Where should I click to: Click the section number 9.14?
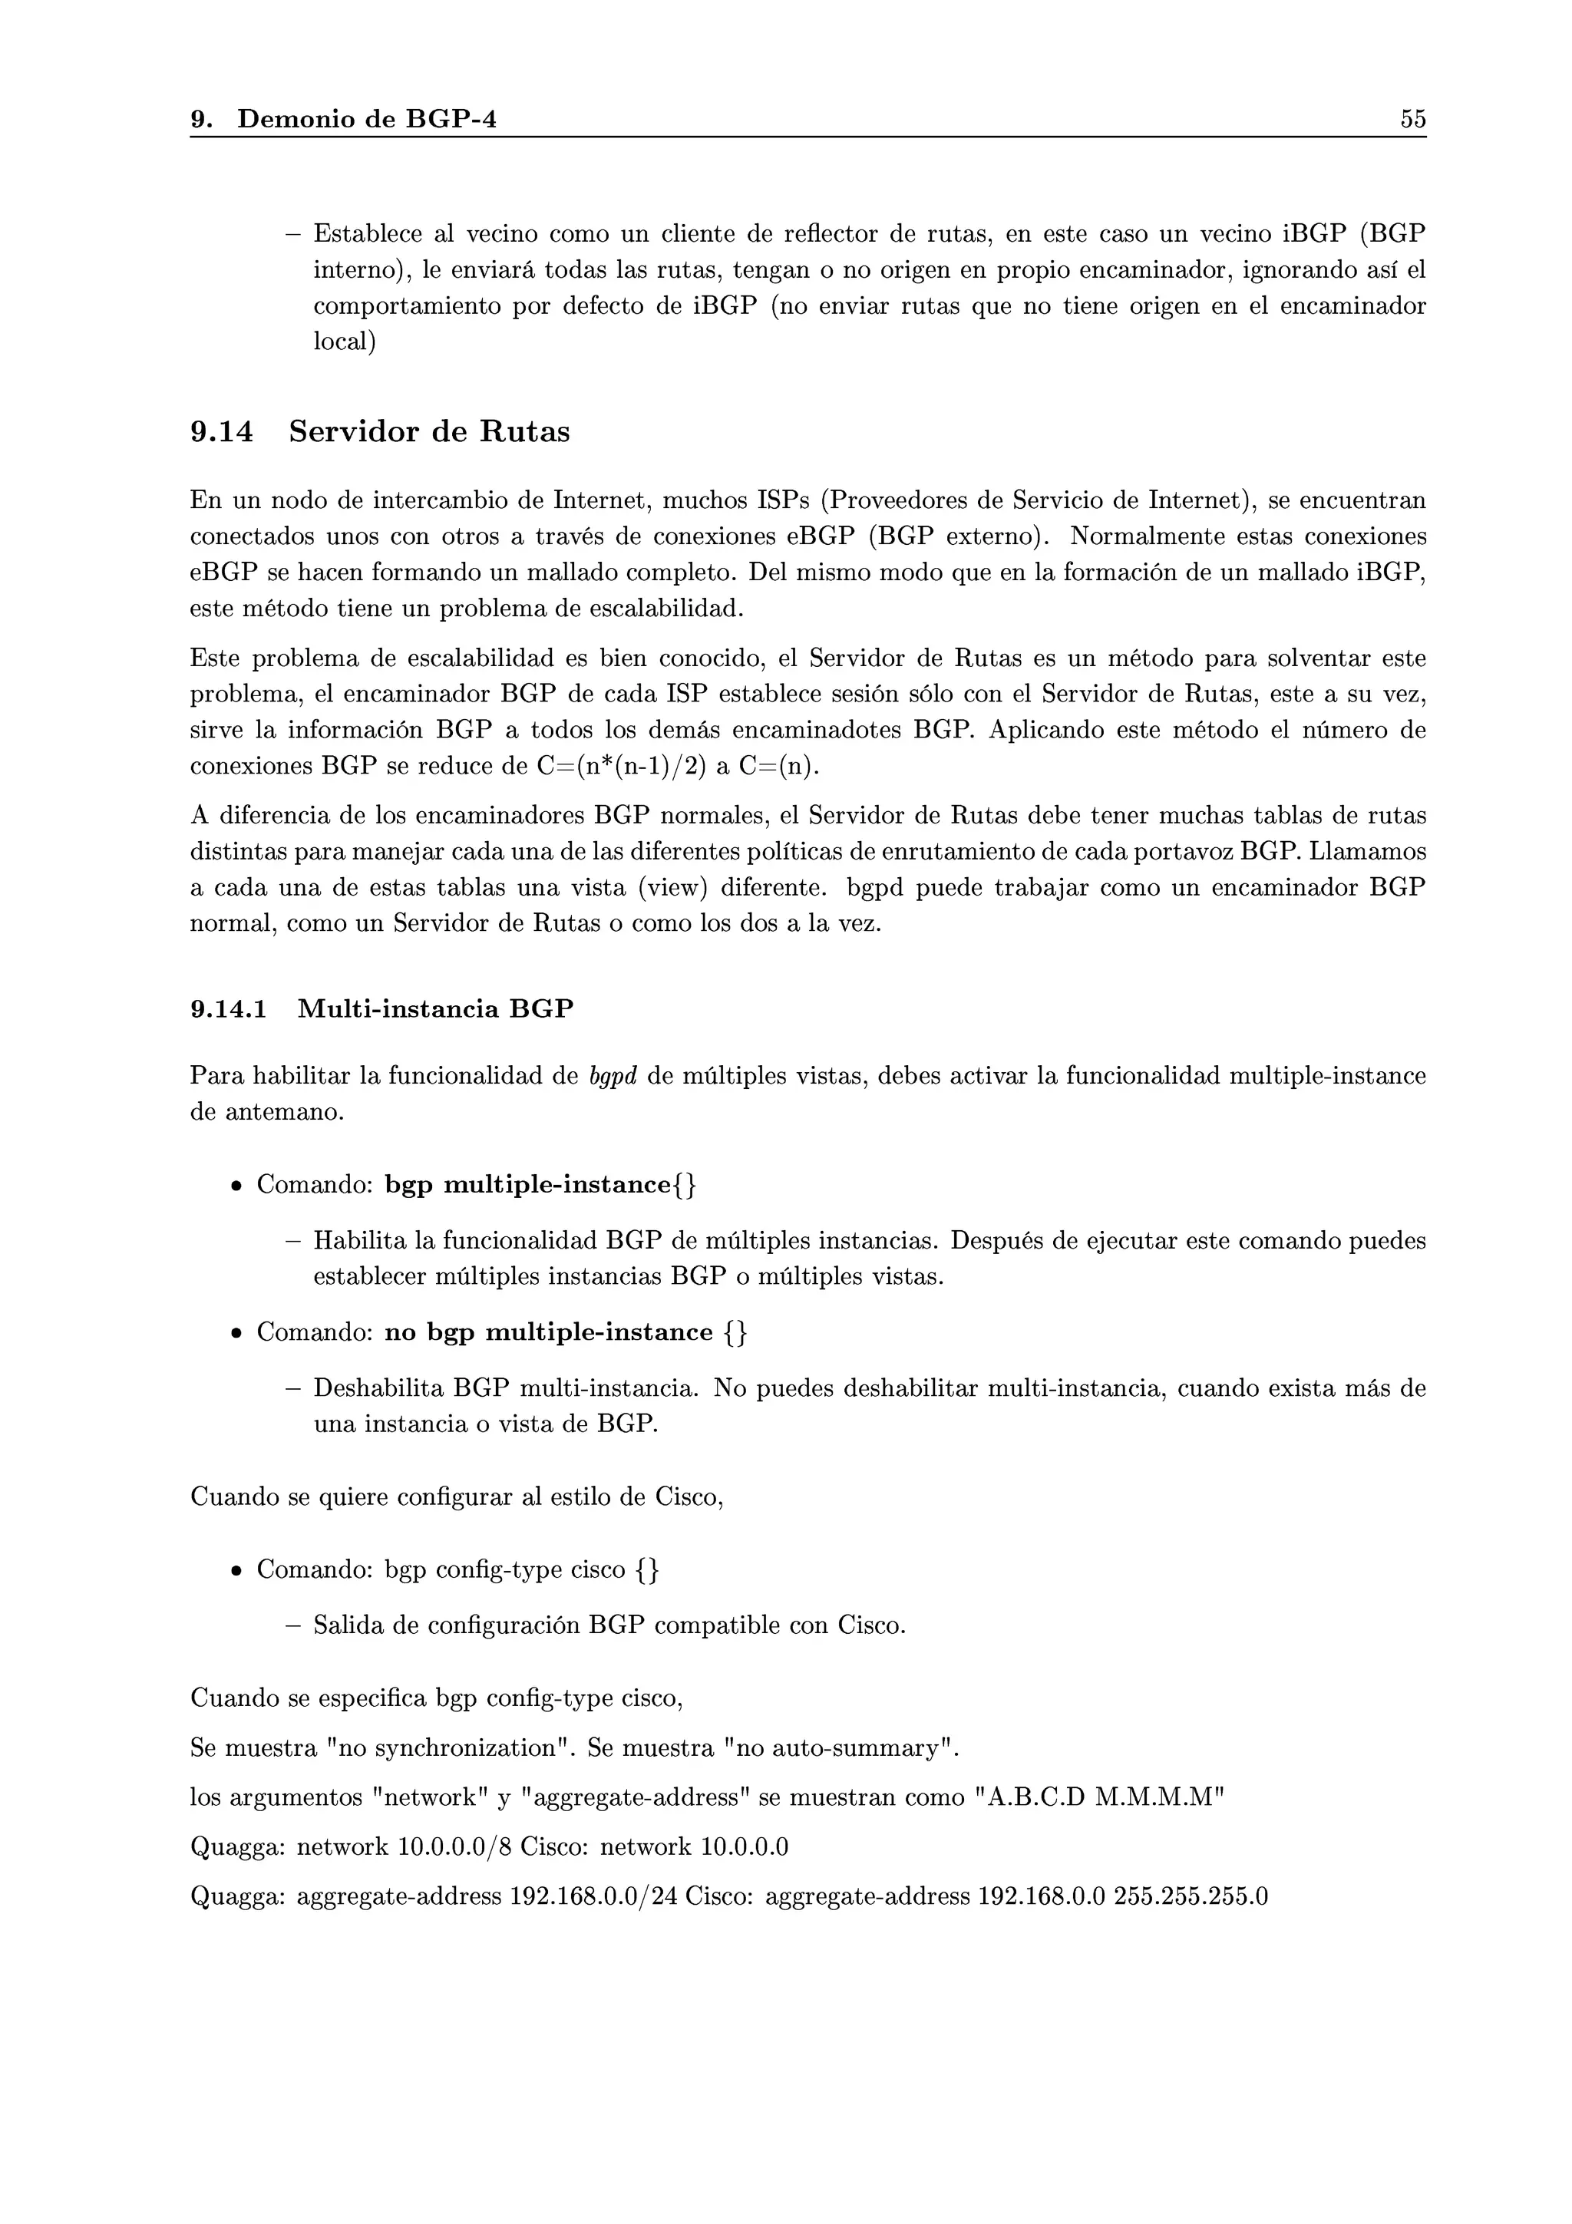click(x=222, y=432)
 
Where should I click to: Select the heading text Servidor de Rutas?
click(x=429, y=432)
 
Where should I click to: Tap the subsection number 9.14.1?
click(x=229, y=1009)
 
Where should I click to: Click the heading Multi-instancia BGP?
click(x=435, y=1009)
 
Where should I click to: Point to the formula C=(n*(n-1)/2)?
click(x=621, y=766)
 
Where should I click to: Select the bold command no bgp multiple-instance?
click(x=548, y=1333)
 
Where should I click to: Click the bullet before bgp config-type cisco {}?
click(x=236, y=1570)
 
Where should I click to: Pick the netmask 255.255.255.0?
click(x=1191, y=1896)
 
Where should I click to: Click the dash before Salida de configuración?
click(x=292, y=1625)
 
